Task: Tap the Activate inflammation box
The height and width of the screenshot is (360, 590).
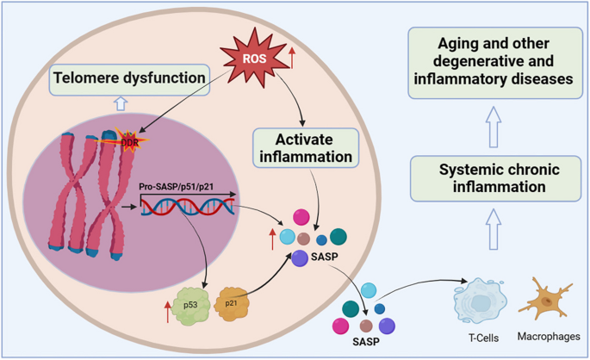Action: (305, 146)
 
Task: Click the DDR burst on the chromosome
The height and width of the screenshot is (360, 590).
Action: (130, 140)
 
